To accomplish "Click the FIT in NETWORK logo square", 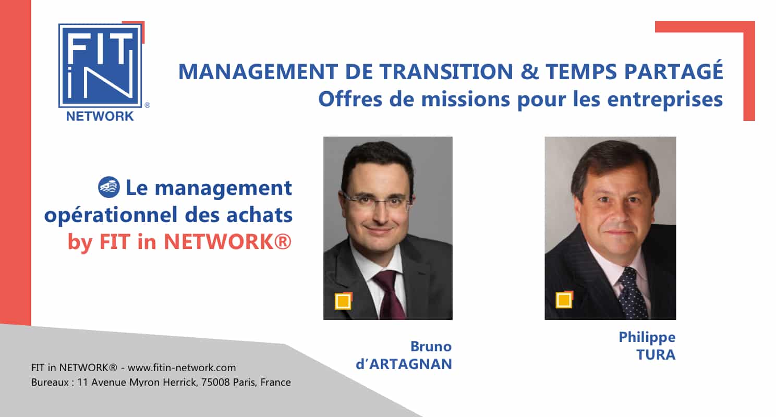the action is pos(101,66).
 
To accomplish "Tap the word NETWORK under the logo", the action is pos(100,116).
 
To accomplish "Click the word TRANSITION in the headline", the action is pos(446,72).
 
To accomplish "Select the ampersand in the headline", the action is pos(530,72).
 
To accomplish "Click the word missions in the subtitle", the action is pos(466,100).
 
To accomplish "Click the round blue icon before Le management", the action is pos(109,187).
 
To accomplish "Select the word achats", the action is pos(260,215).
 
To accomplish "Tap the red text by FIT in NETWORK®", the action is pos(179,242).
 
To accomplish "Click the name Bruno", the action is pos(431,346).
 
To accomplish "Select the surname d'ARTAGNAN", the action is pos(404,364).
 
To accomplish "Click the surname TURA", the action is pos(656,354).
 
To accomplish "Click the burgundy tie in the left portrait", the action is pos(391,294).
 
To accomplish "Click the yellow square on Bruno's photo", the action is pos(343,301).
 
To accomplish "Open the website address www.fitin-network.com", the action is pos(182,367).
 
